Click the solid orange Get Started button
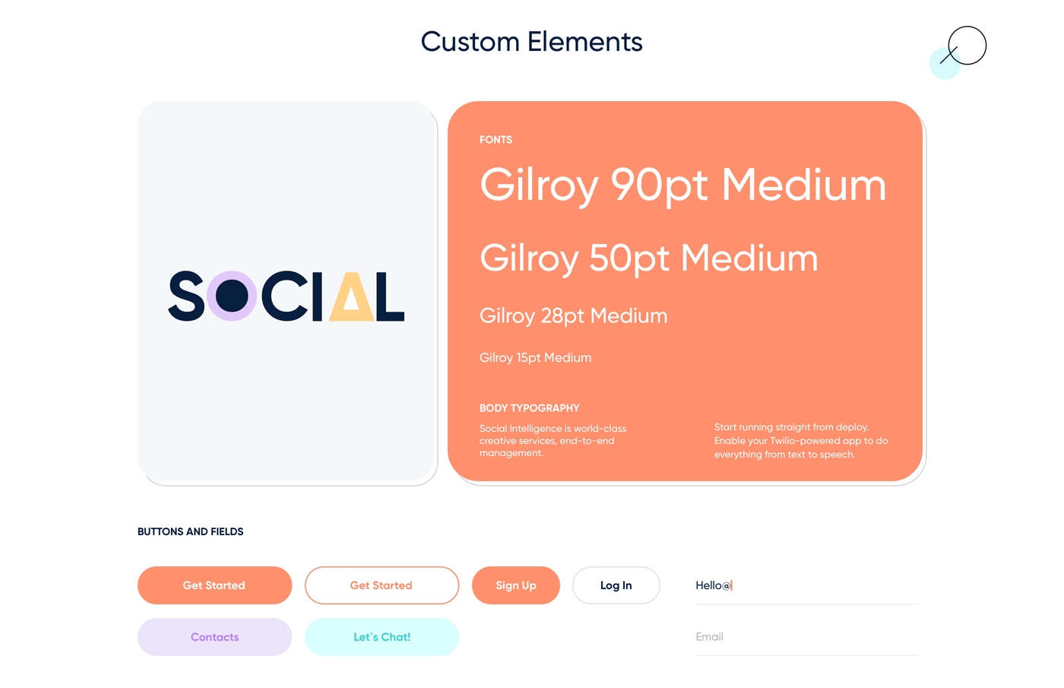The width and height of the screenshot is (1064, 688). click(x=214, y=585)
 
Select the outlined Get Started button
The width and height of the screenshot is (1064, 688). click(x=382, y=585)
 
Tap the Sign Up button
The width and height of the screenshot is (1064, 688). click(x=516, y=585)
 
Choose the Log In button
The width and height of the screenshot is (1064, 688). click(x=616, y=585)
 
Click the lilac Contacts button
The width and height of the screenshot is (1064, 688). click(x=214, y=637)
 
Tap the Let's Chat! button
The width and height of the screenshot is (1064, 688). click(x=382, y=637)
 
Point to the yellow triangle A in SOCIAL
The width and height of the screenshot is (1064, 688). click(x=351, y=296)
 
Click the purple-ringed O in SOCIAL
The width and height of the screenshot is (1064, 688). click(x=232, y=296)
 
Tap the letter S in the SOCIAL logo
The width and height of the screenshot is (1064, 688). click(x=186, y=296)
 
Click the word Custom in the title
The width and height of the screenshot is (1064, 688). click(x=470, y=42)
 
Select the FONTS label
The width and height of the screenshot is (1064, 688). click(x=496, y=140)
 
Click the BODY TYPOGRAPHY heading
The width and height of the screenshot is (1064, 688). click(x=529, y=408)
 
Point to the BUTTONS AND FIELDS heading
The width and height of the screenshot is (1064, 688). click(x=191, y=531)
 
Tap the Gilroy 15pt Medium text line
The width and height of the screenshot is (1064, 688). click(x=535, y=358)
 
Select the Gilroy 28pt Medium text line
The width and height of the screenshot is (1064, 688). click(x=573, y=316)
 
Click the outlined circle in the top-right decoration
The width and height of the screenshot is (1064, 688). click(x=967, y=27)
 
